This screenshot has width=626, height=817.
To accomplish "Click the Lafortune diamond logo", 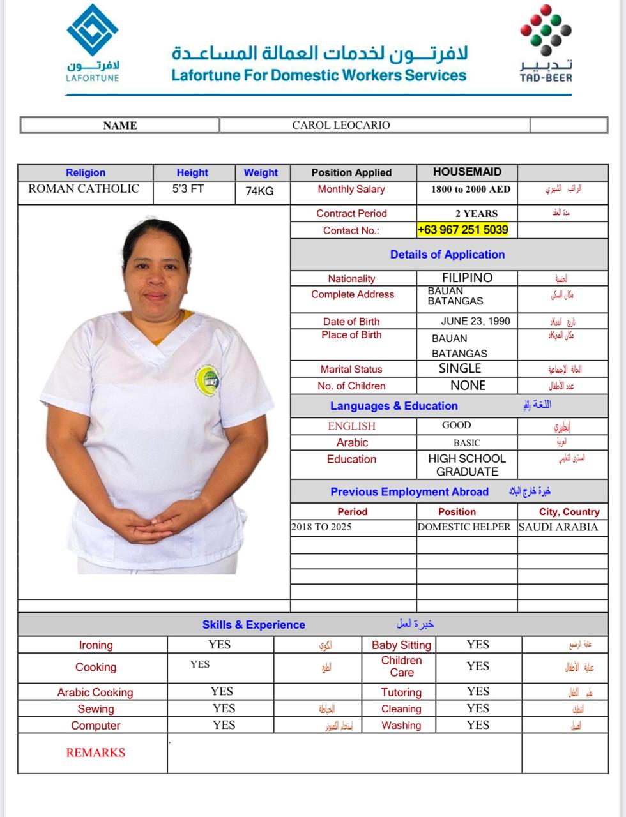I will [x=93, y=30].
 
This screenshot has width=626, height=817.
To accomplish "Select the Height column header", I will [x=192, y=172].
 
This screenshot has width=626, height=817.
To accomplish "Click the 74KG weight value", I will [x=259, y=191].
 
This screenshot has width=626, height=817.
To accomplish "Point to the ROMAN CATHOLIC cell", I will [x=84, y=189].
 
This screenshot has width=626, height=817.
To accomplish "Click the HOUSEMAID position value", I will [x=467, y=172].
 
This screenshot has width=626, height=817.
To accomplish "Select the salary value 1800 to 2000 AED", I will [x=471, y=190].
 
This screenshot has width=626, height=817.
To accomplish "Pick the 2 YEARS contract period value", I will [x=476, y=214].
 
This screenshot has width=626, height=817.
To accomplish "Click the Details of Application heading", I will [x=447, y=255].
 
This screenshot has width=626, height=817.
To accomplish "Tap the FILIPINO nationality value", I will [x=467, y=278].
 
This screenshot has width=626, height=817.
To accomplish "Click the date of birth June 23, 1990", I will [x=475, y=321].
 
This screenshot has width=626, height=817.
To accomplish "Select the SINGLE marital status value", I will [x=460, y=368].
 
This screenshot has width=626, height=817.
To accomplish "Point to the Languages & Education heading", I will [x=393, y=406].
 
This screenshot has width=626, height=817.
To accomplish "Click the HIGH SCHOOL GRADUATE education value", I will [x=467, y=465].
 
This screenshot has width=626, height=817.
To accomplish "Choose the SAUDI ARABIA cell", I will [x=558, y=527].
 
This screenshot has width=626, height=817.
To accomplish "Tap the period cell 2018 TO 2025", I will [x=321, y=527].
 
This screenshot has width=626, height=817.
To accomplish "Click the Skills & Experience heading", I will [x=254, y=625].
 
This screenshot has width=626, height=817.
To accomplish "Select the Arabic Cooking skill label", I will [x=95, y=693].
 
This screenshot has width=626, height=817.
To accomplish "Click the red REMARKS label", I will [x=95, y=753].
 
